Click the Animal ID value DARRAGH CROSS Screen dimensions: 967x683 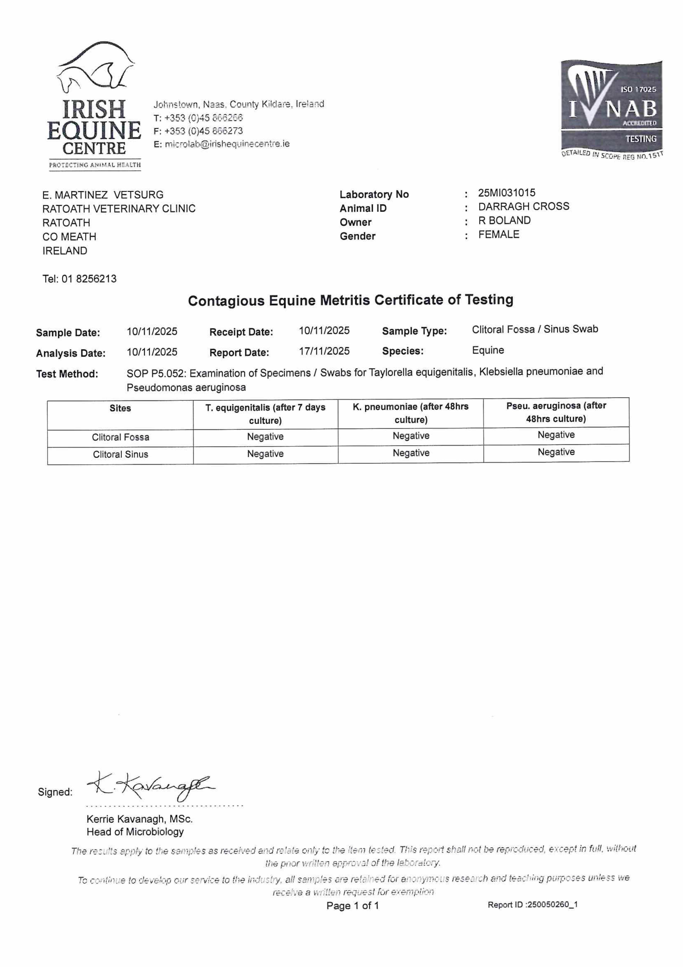point(524,206)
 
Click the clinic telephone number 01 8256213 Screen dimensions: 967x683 point(89,279)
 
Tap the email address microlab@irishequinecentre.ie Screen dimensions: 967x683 point(227,144)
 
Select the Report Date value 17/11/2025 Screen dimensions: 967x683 point(324,351)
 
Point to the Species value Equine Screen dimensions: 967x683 point(488,350)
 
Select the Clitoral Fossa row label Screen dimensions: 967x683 point(120,437)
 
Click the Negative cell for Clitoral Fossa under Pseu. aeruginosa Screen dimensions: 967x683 point(556,435)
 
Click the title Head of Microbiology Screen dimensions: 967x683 point(135,832)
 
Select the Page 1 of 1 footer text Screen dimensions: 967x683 point(353,905)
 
